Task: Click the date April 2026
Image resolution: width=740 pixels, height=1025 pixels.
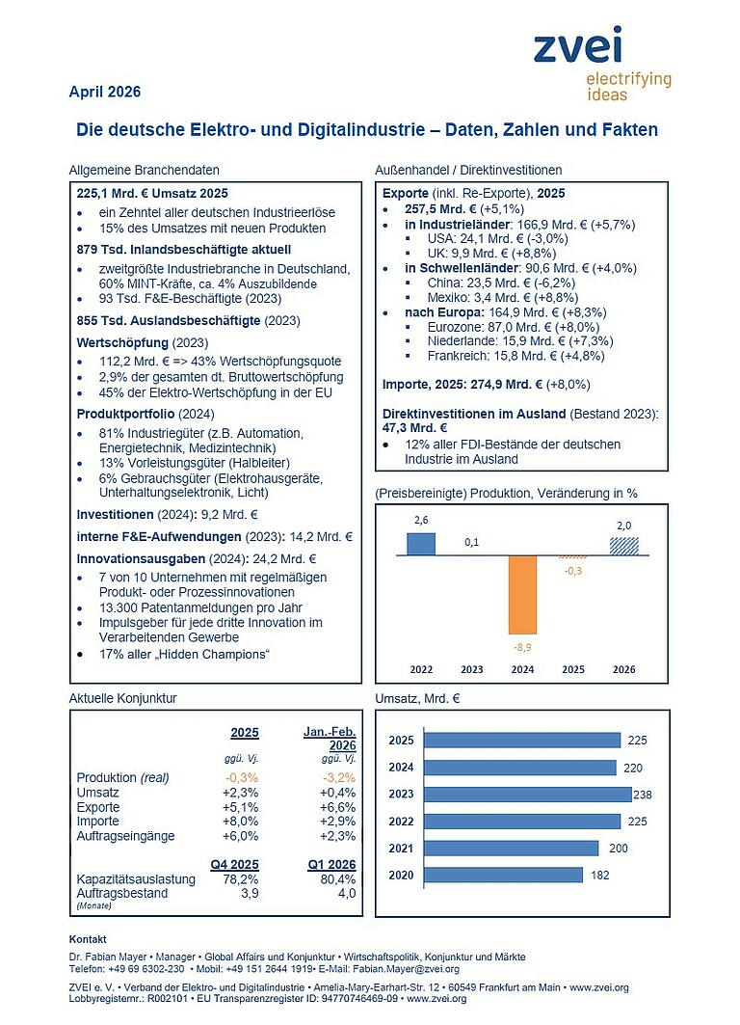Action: (x=105, y=93)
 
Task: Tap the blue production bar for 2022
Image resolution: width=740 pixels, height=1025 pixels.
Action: (x=421, y=544)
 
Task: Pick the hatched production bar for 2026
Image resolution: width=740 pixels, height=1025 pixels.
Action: (x=623, y=546)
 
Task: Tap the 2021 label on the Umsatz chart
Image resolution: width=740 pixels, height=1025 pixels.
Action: (x=402, y=848)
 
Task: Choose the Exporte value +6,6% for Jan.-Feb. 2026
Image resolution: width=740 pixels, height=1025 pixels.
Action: (x=338, y=807)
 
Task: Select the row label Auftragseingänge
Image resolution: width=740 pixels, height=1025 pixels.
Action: (x=124, y=836)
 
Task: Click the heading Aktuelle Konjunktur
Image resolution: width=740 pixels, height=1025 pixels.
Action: (x=123, y=696)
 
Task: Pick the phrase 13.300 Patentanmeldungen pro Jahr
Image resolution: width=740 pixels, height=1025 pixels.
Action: (x=200, y=607)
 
